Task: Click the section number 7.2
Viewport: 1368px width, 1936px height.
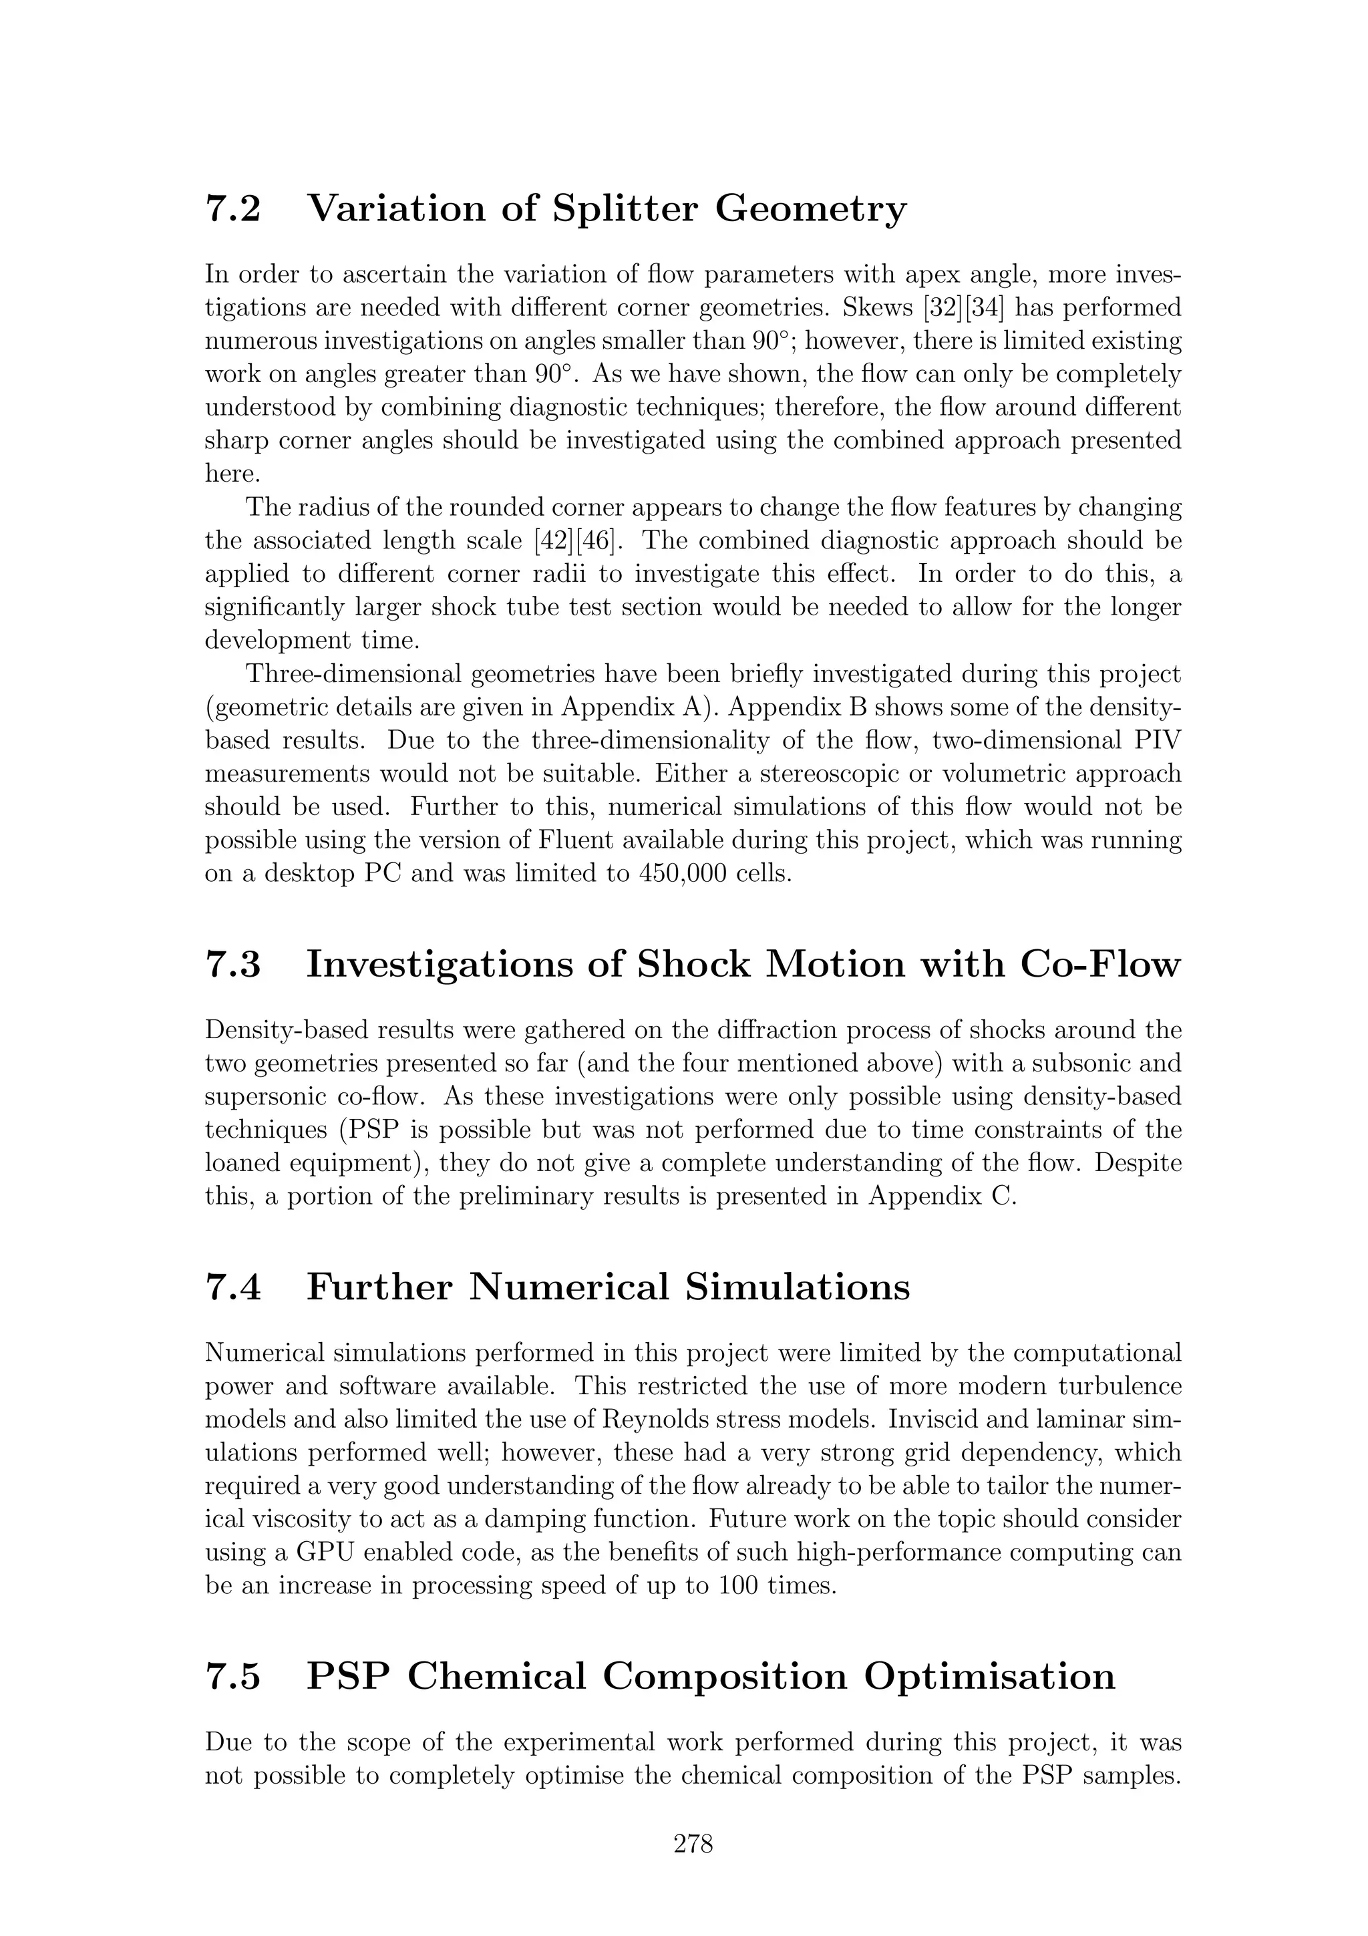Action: click(x=232, y=208)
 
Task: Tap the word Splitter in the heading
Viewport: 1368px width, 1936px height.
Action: click(x=625, y=208)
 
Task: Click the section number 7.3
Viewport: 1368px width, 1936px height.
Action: click(x=232, y=965)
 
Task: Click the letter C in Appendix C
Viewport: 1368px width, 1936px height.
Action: click(x=1007, y=1196)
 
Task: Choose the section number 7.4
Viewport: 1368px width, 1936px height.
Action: click(x=232, y=1287)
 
